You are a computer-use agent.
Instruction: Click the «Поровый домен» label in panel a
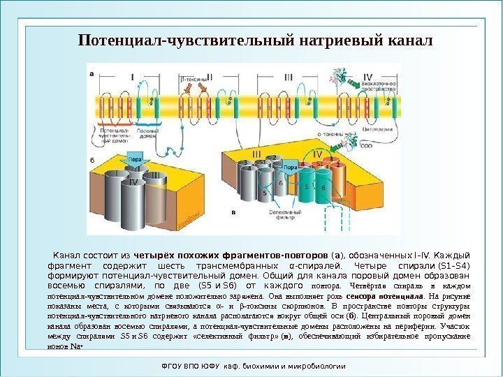[x=147, y=133]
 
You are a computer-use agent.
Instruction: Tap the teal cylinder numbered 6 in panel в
[x=323, y=187]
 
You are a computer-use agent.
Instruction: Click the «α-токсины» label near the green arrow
[x=329, y=135]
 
